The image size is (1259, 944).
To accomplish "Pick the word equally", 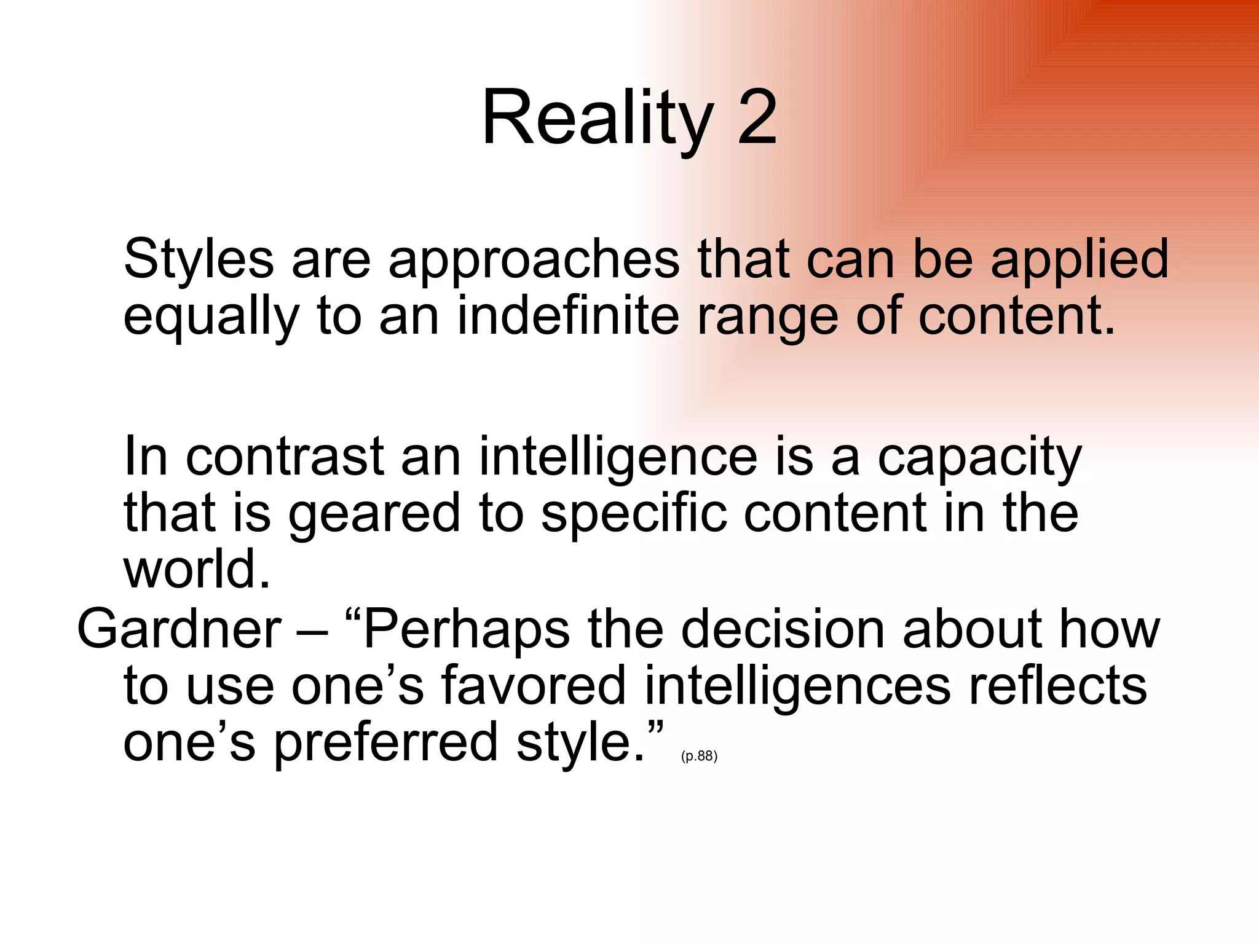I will [x=211, y=318].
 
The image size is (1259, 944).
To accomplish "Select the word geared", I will [x=374, y=515].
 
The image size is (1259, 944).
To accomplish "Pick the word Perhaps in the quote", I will [x=466, y=630].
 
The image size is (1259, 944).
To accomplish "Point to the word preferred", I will [x=385, y=743].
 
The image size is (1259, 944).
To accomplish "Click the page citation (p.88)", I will [x=699, y=756].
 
